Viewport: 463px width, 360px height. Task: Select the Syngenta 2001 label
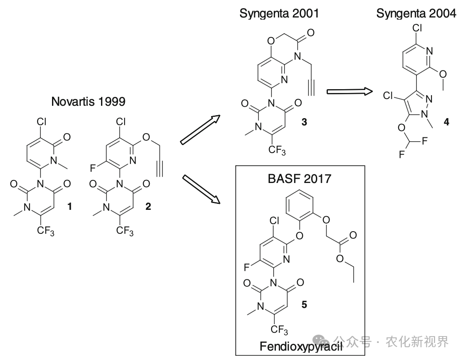point(279,14)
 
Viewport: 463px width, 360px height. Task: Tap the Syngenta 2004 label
point(416,14)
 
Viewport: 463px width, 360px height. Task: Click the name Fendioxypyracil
point(301,346)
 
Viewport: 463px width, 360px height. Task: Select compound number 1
point(70,207)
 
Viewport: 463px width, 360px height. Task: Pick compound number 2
point(148,207)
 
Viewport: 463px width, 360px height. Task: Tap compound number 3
point(304,122)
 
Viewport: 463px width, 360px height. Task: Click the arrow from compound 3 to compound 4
point(349,91)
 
